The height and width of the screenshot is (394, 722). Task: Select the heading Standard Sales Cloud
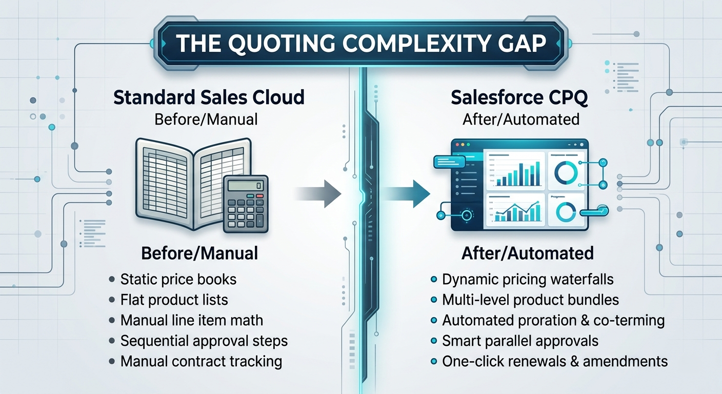[209, 97]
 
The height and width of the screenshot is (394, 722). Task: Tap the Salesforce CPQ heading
[519, 97]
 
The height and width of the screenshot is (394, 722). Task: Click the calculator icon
[246, 204]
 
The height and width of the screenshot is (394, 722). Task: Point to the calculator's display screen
[246, 185]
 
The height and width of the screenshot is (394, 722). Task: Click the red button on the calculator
[259, 195]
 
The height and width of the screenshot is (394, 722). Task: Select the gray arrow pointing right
[317, 194]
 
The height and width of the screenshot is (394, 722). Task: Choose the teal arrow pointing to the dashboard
[406, 194]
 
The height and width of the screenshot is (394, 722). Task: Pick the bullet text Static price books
[178, 279]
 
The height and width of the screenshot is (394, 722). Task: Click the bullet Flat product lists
[174, 300]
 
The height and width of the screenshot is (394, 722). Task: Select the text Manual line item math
[192, 321]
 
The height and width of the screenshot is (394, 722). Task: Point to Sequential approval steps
[204, 341]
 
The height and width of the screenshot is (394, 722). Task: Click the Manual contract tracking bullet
[201, 362]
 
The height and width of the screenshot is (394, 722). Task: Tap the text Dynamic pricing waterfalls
[528, 279]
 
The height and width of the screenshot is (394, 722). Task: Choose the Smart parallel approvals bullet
[520, 341]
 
